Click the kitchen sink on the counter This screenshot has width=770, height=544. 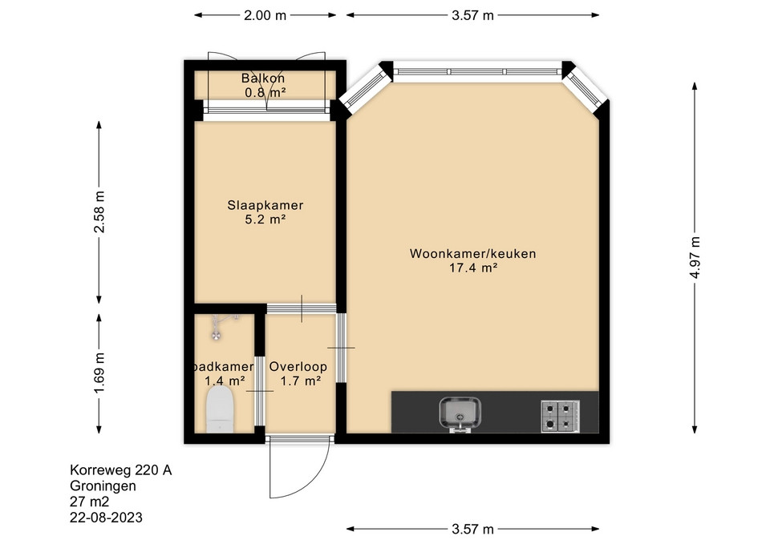(x=460, y=414)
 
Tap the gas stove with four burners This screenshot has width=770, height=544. (x=561, y=417)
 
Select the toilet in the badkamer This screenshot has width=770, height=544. (x=220, y=409)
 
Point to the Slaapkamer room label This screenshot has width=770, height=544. (x=265, y=205)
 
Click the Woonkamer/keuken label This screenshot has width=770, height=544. (x=473, y=254)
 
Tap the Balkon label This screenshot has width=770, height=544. (x=263, y=78)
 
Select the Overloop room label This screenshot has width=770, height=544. (x=298, y=366)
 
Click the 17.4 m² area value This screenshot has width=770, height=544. (x=473, y=268)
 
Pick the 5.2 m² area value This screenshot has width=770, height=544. (x=265, y=220)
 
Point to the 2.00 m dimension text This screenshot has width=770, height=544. (x=265, y=15)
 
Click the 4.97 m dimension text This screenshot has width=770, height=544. (x=695, y=257)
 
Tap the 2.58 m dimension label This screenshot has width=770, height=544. (x=99, y=212)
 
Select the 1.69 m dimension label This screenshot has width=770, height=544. (x=99, y=373)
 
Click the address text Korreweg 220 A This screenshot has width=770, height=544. (x=121, y=470)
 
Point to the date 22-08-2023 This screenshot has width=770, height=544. (x=106, y=518)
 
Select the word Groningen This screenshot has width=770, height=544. (x=103, y=486)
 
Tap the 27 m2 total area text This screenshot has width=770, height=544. (x=89, y=502)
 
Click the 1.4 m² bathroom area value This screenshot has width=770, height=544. (x=225, y=381)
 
